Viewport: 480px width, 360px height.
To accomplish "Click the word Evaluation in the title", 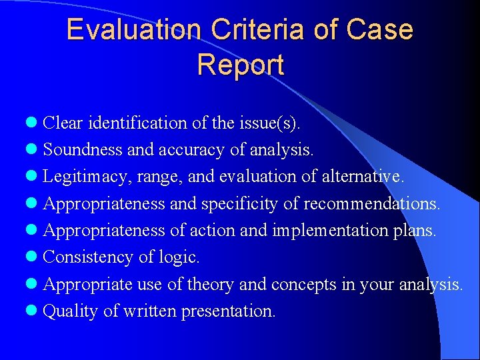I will click(133, 30).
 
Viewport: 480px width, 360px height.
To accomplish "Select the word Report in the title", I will click(240, 65).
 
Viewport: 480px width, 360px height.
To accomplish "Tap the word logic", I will click(179, 257).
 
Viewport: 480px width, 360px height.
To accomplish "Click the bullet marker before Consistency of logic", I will click(33, 257).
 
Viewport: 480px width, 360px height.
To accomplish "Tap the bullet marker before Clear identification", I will click(33, 123).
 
